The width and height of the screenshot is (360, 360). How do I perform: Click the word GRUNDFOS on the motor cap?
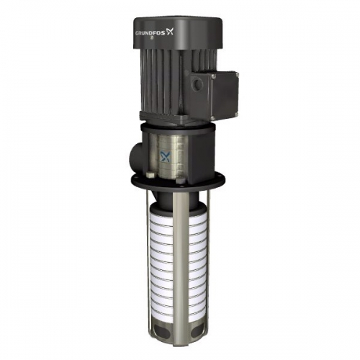click(x=152, y=32)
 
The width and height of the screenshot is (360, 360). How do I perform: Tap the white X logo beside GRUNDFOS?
click(x=169, y=32)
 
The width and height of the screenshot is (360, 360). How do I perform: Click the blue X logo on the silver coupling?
click(x=165, y=156)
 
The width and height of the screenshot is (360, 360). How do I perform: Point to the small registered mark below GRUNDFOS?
click(x=151, y=37)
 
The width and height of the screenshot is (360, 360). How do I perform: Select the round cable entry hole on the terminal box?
click(x=197, y=84)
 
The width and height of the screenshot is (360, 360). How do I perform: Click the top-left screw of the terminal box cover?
click(x=214, y=76)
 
